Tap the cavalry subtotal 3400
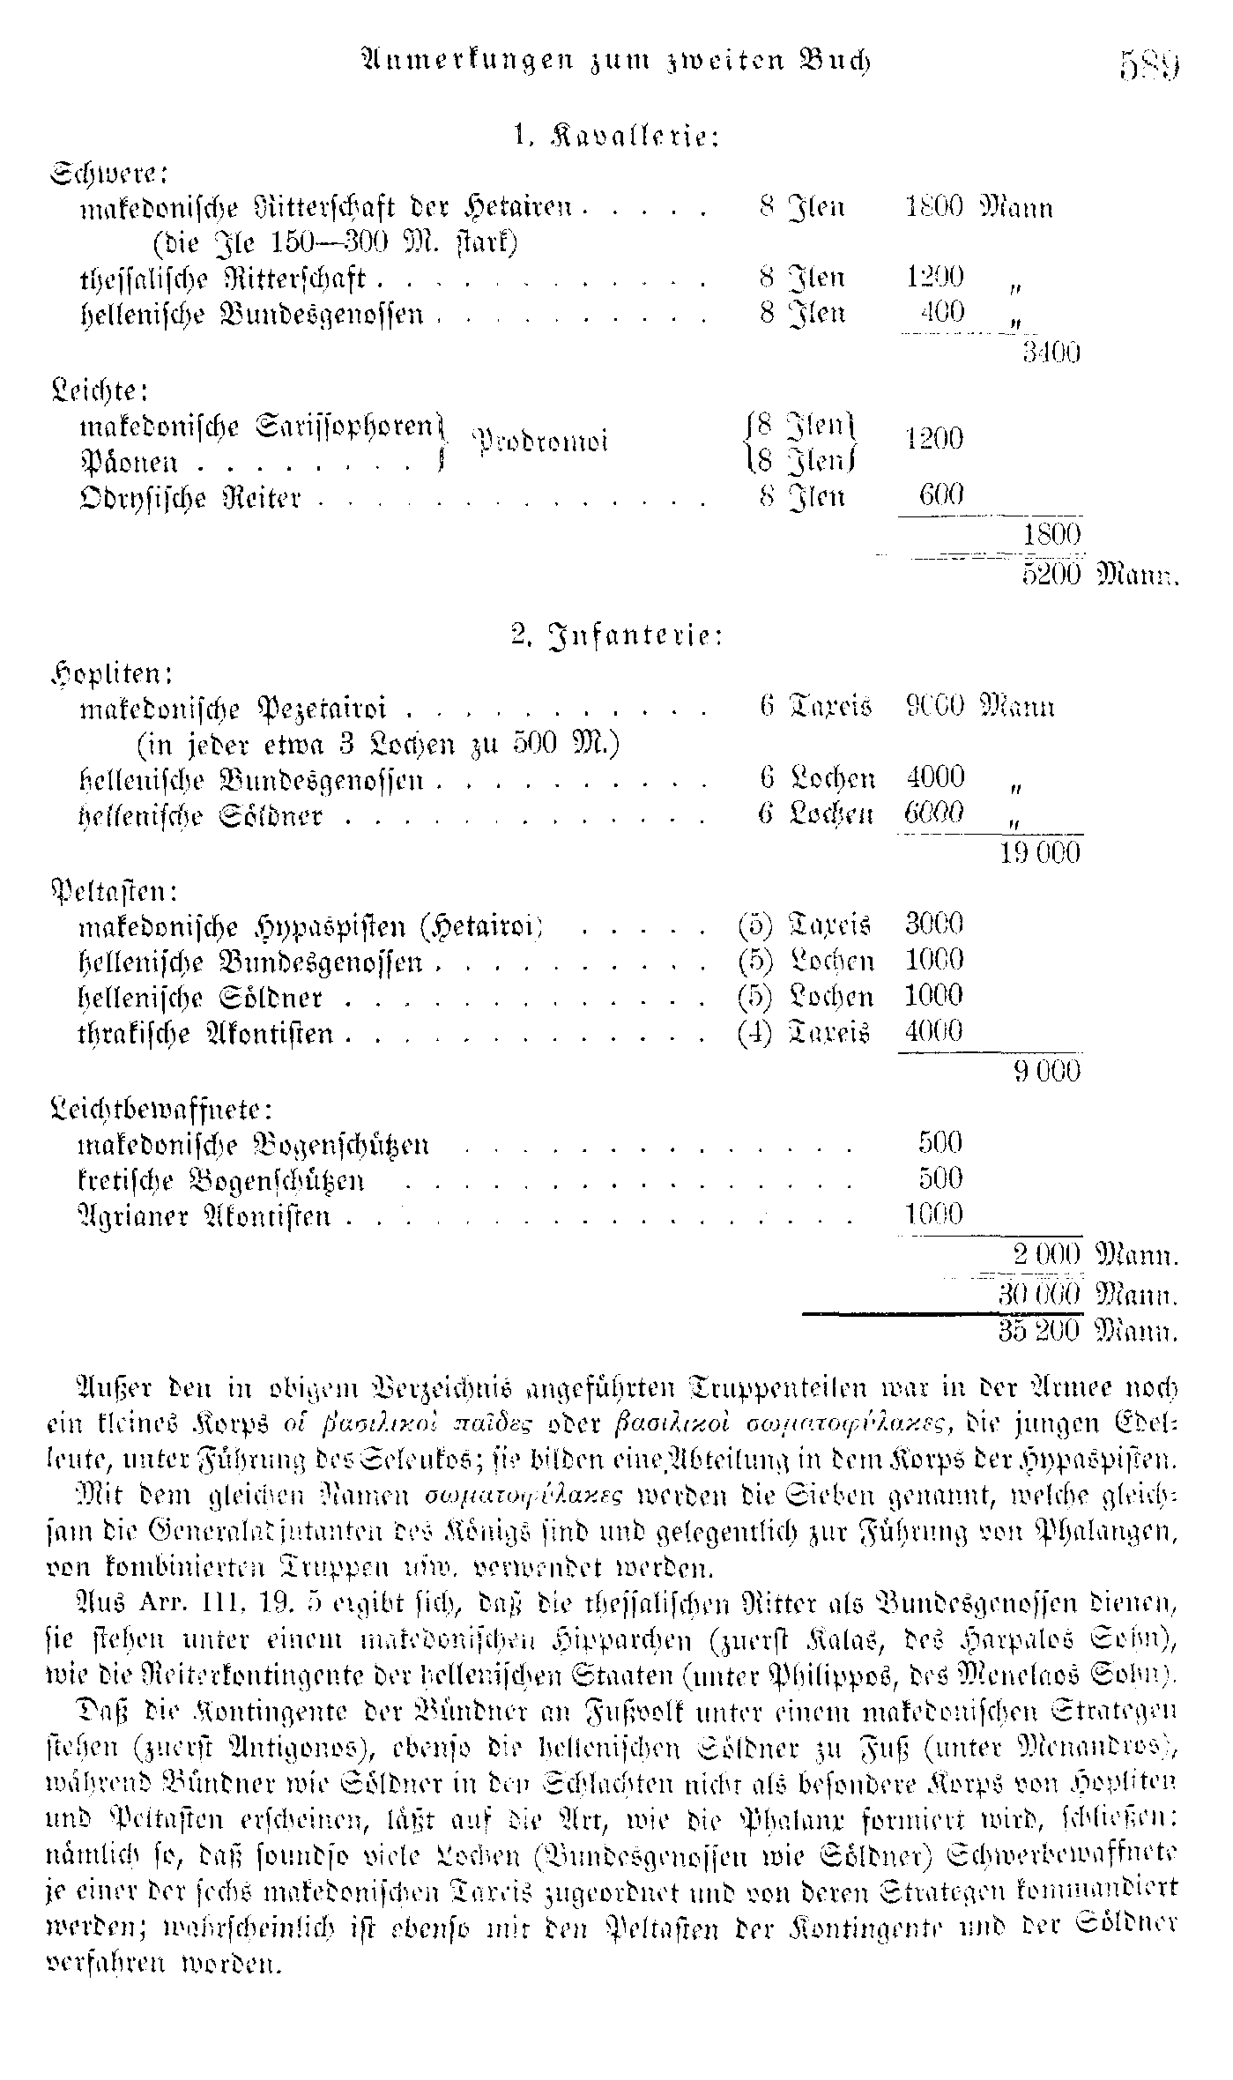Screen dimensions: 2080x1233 tap(1051, 353)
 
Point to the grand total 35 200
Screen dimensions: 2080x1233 tap(1040, 1330)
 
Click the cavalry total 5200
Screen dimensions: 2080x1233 tap(1051, 575)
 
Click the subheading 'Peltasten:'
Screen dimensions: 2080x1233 tap(115, 890)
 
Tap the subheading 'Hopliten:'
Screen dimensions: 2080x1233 tap(111, 673)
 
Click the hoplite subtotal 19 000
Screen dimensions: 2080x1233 tap(1040, 852)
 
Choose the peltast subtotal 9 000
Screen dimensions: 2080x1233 tap(1046, 1071)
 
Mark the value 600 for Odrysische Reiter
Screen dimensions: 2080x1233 tap(940, 495)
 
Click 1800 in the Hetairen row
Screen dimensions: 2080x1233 tap(935, 208)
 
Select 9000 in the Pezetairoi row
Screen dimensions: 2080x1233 tap(935, 707)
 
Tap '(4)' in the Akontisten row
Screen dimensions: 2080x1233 tap(754, 1032)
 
